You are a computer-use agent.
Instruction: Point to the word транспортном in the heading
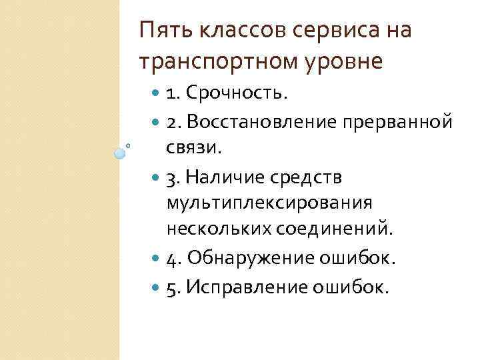tap(211, 61)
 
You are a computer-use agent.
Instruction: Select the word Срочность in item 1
tap(237, 94)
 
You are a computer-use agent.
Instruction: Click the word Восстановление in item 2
tap(263, 123)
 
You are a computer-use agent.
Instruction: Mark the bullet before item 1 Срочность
tap(157, 94)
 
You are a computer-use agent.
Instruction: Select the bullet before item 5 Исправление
tap(157, 287)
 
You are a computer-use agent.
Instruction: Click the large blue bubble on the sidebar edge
tap(120, 153)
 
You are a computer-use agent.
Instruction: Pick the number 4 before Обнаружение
tap(171, 259)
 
